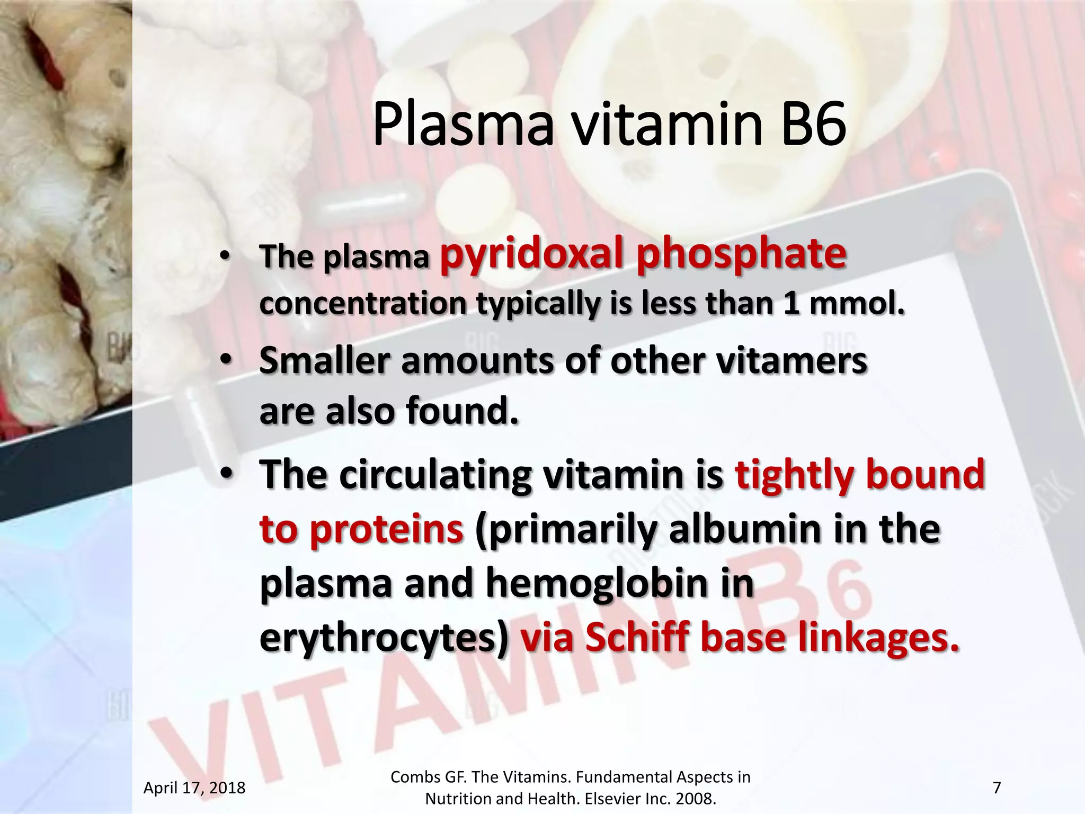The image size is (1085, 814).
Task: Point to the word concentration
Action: click(x=363, y=304)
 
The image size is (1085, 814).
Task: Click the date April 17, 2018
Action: click(x=194, y=788)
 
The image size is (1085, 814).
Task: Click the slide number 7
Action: click(x=997, y=788)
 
